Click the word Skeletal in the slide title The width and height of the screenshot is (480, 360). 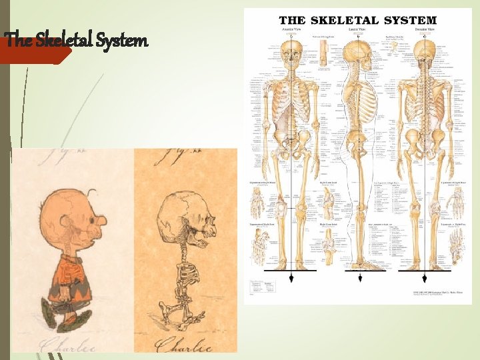coord(65,41)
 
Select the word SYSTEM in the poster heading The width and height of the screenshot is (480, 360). coord(409,21)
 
